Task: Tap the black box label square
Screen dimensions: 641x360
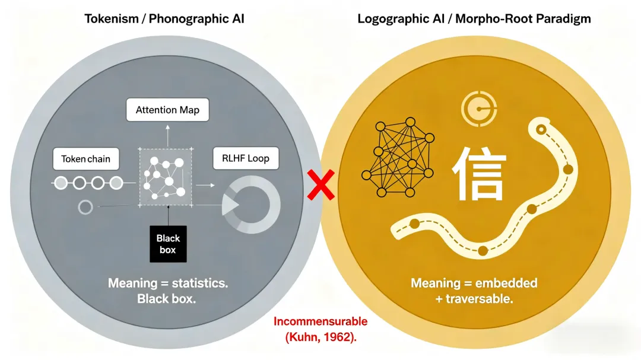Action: (x=167, y=243)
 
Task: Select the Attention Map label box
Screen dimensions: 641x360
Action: (x=168, y=110)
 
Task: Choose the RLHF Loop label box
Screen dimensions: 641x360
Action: (x=246, y=158)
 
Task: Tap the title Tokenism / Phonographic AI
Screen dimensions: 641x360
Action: (x=164, y=18)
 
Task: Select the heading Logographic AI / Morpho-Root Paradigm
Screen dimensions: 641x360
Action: (x=474, y=18)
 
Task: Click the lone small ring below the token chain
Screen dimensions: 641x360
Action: (x=85, y=207)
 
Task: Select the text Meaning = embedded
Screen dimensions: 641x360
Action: (x=474, y=283)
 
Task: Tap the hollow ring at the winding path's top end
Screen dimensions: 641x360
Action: (x=541, y=129)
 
